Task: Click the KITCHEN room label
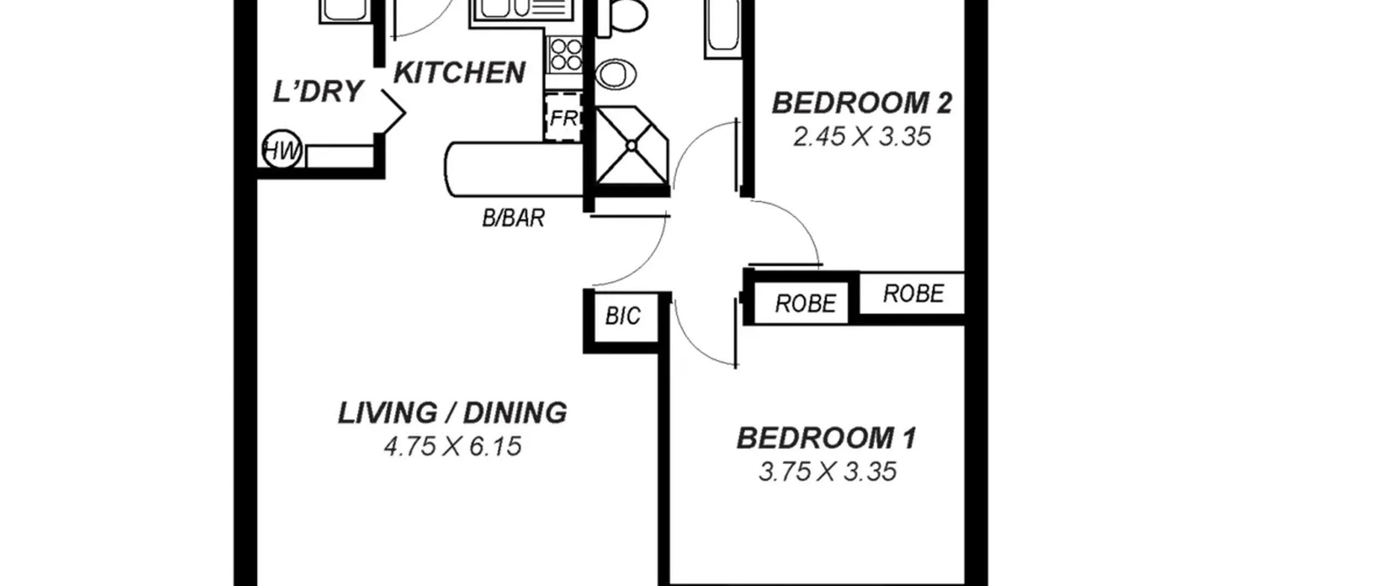pyautogui.click(x=459, y=73)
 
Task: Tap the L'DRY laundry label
pyautogui.click(x=318, y=92)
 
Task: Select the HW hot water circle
pyautogui.click(x=282, y=149)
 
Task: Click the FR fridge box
pyautogui.click(x=563, y=118)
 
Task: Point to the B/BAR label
pyautogui.click(x=513, y=218)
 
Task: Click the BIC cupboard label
pyautogui.click(x=623, y=316)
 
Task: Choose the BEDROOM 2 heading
pyautogui.click(x=862, y=104)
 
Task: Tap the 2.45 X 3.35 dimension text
pyautogui.click(x=862, y=137)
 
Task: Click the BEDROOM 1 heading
pyautogui.click(x=827, y=438)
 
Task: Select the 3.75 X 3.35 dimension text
pyautogui.click(x=827, y=472)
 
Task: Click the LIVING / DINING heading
pyautogui.click(x=453, y=413)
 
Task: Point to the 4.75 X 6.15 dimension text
pyautogui.click(x=453, y=447)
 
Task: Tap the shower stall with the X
pyautogui.click(x=631, y=146)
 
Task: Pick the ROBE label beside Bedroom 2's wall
pyautogui.click(x=913, y=294)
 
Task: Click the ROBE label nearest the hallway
pyautogui.click(x=805, y=304)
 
